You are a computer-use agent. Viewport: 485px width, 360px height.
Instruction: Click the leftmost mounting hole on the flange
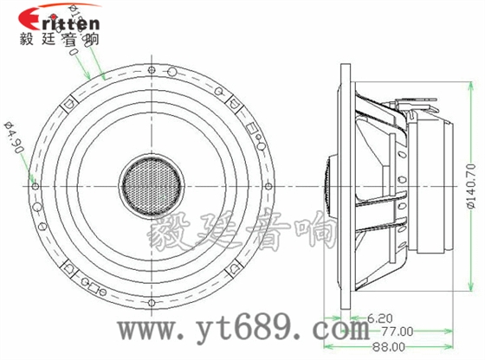pos(34,184)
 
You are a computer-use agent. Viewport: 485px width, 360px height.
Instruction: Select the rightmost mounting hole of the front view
pos(270,185)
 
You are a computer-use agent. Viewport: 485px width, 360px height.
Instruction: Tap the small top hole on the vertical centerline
pos(152,68)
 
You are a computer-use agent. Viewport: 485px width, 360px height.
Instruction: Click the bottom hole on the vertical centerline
pos(152,302)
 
